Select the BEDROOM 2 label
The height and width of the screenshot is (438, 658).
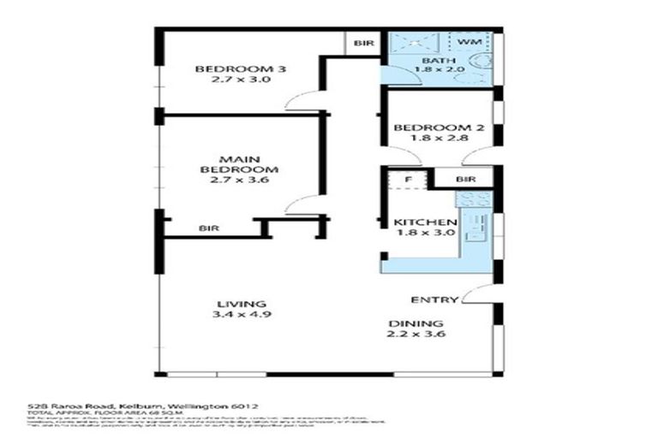(x=439, y=128)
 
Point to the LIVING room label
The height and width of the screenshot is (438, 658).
(x=236, y=305)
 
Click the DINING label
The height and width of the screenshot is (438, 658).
(x=416, y=324)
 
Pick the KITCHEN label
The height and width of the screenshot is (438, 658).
(x=424, y=224)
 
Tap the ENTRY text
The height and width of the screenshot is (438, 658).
(x=433, y=300)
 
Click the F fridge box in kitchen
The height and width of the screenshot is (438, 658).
(x=408, y=181)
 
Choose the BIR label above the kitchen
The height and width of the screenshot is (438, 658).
(x=465, y=180)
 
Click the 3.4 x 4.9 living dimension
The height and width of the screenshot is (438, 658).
(x=236, y=315)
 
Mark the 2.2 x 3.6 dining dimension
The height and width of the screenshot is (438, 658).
(x=416, y=334)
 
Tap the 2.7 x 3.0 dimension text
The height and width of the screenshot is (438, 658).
(x=227, y=80)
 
